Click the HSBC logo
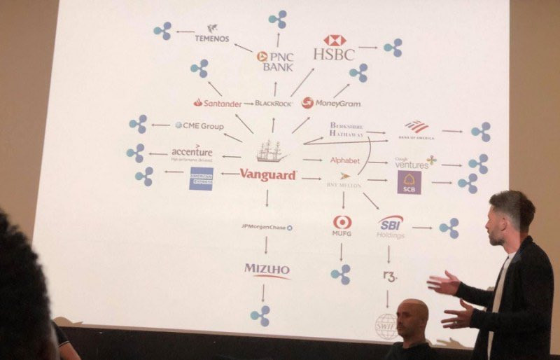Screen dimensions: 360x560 [x=334, y=48]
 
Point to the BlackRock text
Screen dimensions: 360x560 [x=273, y=103]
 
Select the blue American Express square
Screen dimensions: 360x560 [x=202, y=178]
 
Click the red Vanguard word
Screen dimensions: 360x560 [x=267, y=175]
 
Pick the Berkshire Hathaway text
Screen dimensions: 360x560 [x=346, y=130]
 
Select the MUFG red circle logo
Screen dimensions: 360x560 [x=342, y=222]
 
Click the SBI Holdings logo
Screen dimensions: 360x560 [x=391, y=226]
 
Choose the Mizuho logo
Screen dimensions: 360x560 [x=267, y=270]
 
